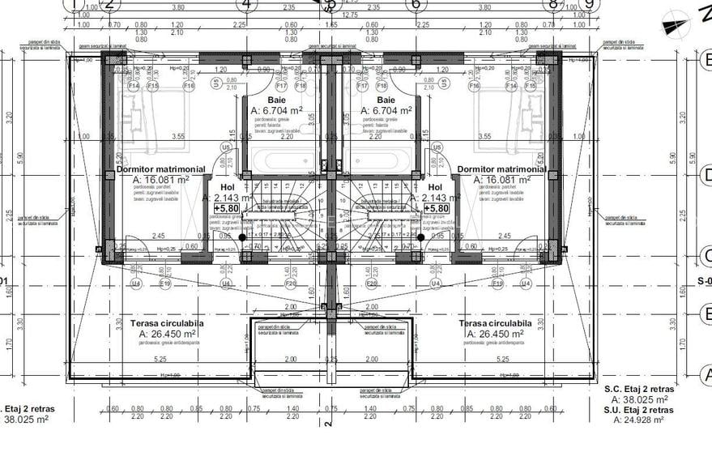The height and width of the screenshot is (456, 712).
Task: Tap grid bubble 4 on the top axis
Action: click(x=246, y=3)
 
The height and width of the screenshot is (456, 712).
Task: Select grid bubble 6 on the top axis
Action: click(x=415, y=3)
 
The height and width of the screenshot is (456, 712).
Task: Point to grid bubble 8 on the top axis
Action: click(x=554, y=3)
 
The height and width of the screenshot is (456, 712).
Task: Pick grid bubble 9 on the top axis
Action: click(x=589, y=3)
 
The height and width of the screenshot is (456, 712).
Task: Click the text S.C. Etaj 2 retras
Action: click(x=639, y=389)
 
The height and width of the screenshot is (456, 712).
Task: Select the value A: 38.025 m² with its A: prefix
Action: click(x=640, y=399)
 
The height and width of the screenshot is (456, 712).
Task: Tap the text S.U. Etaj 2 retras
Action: click(x=639, y=410)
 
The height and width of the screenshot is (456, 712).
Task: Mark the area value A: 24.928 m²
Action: click(x=640, y=420)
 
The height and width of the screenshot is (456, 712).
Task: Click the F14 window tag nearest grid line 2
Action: click(x=133, y=85)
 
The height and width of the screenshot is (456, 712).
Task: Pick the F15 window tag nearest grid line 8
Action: click(x=509, y=85)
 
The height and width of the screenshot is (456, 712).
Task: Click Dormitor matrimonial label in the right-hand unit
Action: click(x=501, y=170)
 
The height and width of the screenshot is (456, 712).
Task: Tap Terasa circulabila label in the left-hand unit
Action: click(x=167, y=323)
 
